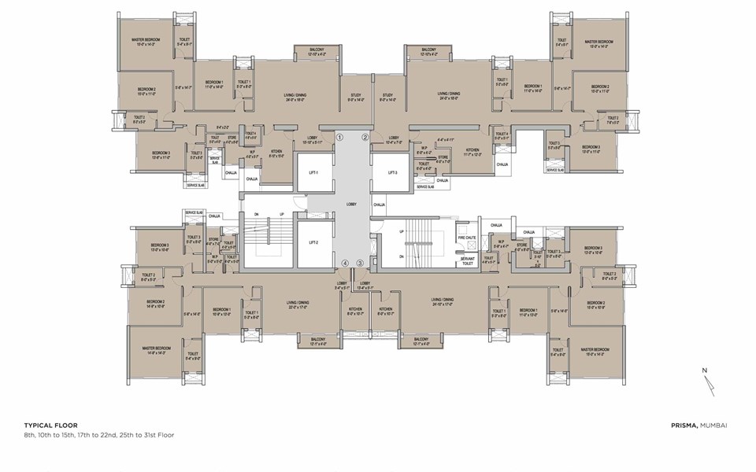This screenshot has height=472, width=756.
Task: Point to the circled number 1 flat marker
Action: pyautogui.click(x=339, y=137)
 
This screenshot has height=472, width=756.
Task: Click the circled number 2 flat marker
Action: pyautogui.click(x=365, y=137)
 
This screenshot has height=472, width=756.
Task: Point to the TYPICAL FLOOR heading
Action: pyautogui.click(x=50, y=425)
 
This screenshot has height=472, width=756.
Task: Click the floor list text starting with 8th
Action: pyautogui.click(x=98, y=434)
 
